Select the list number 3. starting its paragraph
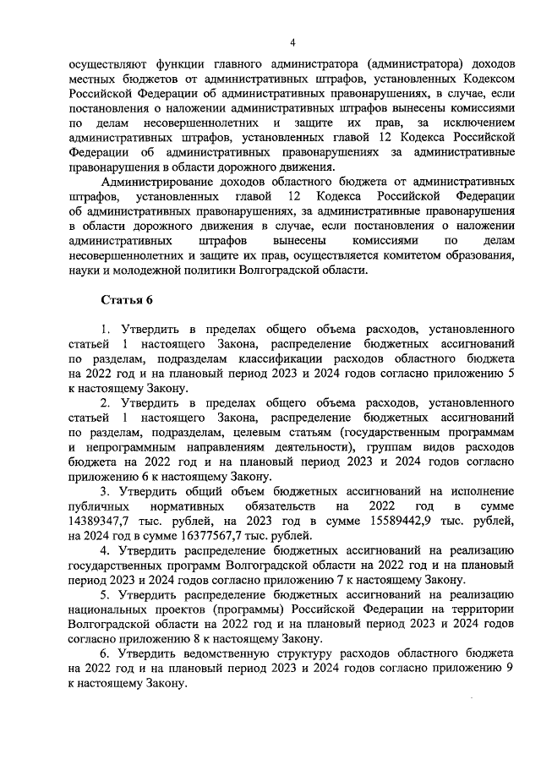point(106,490)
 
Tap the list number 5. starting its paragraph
point(106,594)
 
